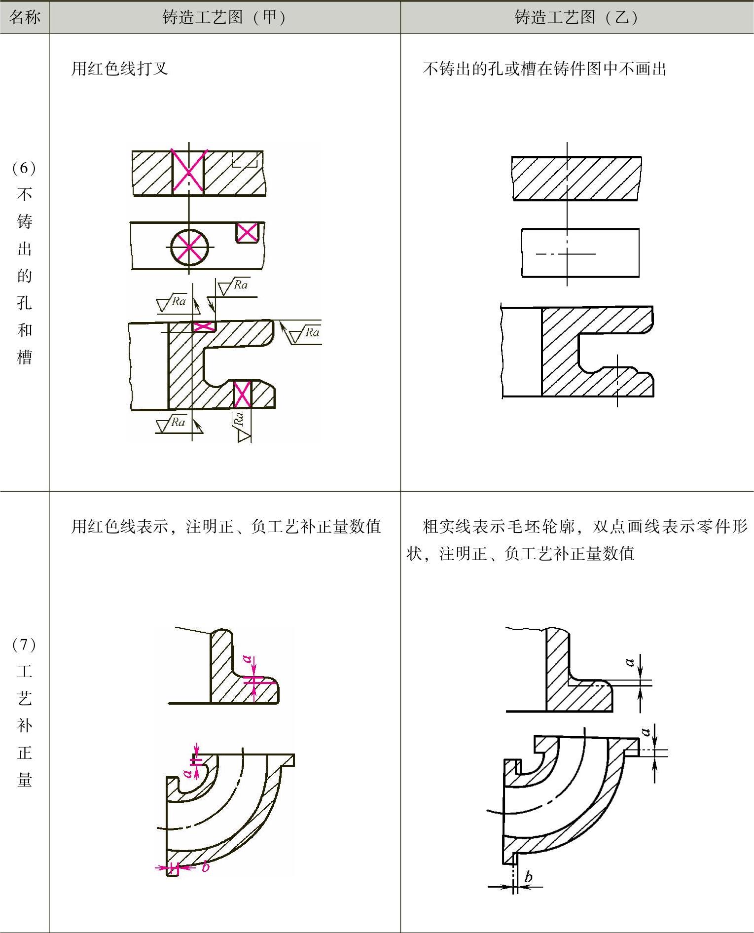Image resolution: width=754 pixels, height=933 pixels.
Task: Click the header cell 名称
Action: (x=24, y=17)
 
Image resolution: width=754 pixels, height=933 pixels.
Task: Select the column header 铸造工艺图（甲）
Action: (x=224, y=17)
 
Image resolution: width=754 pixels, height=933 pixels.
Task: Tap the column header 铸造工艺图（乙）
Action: (x=576, y=17)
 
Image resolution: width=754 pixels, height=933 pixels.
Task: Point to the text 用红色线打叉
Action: (x=119, y=69)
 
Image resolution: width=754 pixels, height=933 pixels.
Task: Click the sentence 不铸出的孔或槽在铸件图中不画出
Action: (x=544, y=69)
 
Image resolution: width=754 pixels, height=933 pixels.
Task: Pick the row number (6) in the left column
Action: (x=24, y=168)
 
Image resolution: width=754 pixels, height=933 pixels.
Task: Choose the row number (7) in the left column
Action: (x=24, y=644)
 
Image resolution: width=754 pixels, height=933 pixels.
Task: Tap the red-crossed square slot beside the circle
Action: (x=247, y=232)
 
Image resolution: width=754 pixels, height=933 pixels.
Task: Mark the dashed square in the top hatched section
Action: (x=245, y=159)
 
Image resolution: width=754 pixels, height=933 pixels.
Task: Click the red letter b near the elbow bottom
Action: (x=206, y=866)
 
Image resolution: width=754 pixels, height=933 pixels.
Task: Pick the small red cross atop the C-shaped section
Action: (x=203, y=326)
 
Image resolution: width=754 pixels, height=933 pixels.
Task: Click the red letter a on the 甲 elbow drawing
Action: (x=187, y=773)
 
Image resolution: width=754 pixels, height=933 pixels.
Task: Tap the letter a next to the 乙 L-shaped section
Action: (x=629, y=662)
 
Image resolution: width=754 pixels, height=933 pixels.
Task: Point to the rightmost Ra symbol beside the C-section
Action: (x=311, y=332)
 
